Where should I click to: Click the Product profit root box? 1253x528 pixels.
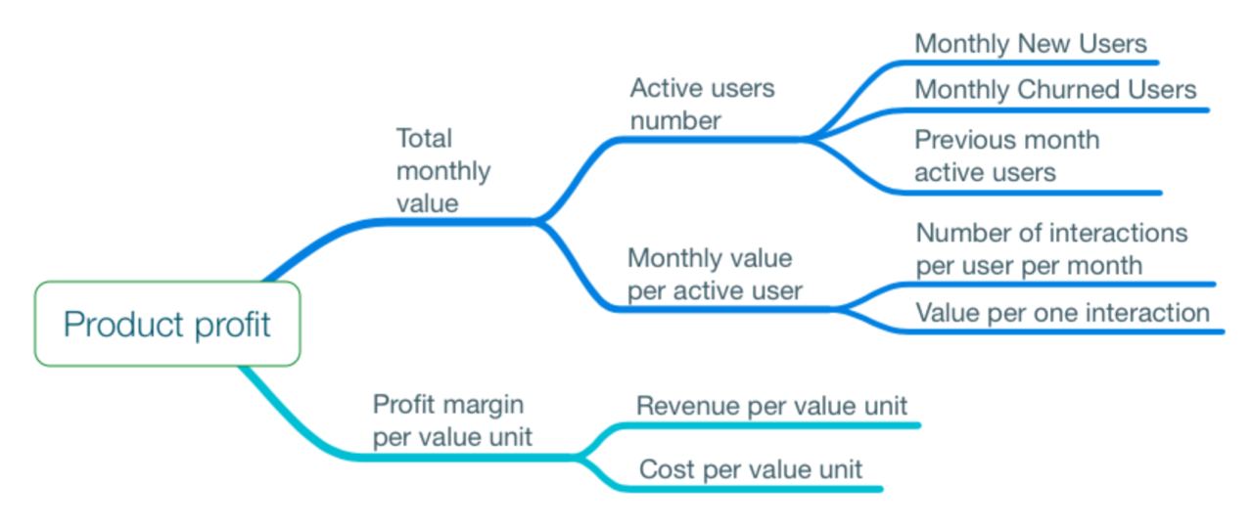pos(167,324)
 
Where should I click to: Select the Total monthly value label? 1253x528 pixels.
pos(443,170)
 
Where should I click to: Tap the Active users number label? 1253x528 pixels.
pos(702,104)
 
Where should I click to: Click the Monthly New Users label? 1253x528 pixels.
pos(1031,44)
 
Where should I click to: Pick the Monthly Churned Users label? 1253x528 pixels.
pos(1055,89)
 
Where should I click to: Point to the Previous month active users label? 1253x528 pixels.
pos(1007,155)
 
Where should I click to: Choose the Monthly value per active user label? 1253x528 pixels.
pos(715,275)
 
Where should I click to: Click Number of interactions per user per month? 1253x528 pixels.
pos(1051,249)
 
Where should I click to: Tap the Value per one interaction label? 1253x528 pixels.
pos(1062,313)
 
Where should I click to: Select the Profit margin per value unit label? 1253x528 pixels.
pos(452,420)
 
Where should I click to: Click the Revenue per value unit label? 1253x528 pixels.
pos(771,406)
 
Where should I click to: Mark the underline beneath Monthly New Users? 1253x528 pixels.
pos(1027,63)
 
